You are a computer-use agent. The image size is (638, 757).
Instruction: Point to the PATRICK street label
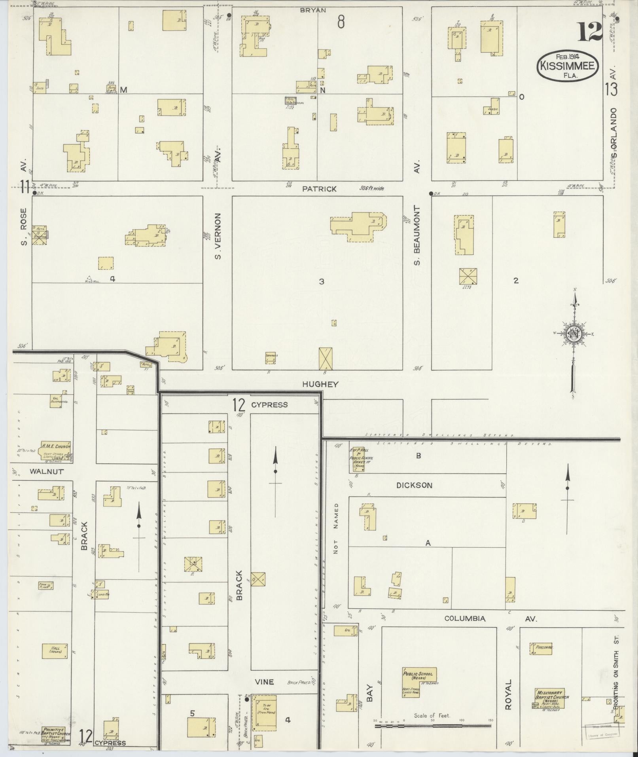[319, 189]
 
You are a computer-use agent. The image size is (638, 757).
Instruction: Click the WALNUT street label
[46, 472]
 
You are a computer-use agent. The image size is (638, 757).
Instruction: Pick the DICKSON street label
[415, 486]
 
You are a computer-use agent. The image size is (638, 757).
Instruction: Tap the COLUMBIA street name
[464, 619]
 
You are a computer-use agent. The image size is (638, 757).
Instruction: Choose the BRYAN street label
[312, 10]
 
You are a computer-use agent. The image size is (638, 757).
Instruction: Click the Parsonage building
[541, 648]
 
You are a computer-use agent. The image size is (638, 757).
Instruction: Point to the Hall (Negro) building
[55, 651]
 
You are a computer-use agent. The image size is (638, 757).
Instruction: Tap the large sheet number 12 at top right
[589, 32]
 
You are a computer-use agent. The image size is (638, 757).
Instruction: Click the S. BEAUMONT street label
[416, 236]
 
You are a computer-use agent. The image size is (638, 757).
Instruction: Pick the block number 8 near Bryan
[341, 23]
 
